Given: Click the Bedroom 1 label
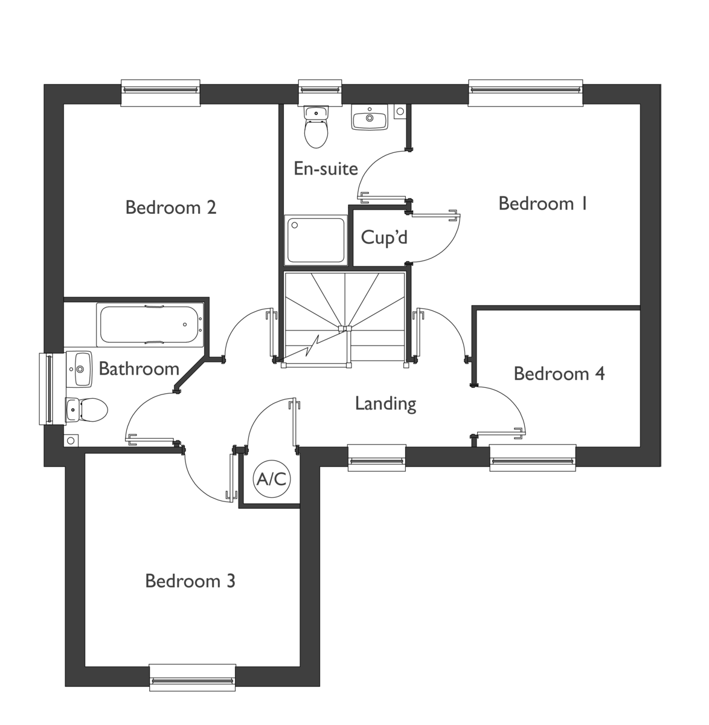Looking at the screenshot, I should click(x=544, y=204).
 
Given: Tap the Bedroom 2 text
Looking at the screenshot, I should click(x=170, y=207).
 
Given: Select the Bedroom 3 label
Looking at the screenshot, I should click(x=190, y=581).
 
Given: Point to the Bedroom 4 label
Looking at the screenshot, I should click(x=559, y=373).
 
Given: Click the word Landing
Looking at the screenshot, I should click(x=385, y=404).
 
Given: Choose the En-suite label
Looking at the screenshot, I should click(x=326, y=169).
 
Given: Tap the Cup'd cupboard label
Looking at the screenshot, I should click(x=384, y=237).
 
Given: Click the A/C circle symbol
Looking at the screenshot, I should click(x=272, y=479).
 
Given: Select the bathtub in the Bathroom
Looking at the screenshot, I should click(x=151, y=325).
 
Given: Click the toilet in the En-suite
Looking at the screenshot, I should click(x=316, y=127).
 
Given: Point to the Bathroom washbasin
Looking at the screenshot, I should click(x=79, y=369).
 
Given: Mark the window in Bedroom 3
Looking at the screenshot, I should click(x=192, y=677).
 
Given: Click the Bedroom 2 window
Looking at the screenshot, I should click(x=160, y=92).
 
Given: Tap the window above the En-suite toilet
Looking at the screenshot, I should click(x=321, y=92).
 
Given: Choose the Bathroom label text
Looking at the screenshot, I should click(x=139, y=369).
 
